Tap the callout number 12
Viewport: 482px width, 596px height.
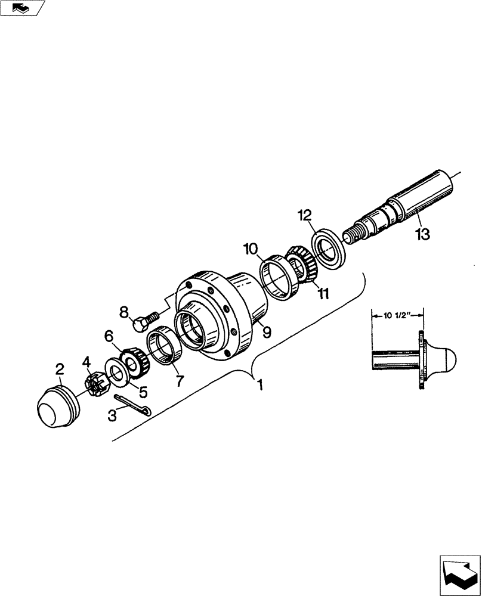(x=305, y=215)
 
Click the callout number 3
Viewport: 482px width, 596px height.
(x=112, y=417)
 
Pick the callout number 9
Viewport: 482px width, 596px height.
(x=267, y=332)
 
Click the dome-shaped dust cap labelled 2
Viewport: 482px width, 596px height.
(x=57, y=409)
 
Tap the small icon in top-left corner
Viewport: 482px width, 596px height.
(x=22, y=8)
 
